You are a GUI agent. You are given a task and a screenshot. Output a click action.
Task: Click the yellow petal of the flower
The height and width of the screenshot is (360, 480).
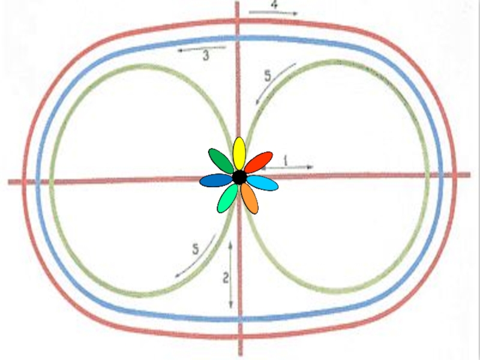coord(239,153)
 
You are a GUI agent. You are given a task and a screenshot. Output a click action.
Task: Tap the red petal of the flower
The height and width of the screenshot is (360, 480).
coord(259,162)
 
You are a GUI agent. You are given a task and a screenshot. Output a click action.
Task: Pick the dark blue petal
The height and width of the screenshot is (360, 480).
coord(215,180)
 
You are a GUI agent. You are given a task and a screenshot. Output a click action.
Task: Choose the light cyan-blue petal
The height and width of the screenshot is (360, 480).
coord(262,182)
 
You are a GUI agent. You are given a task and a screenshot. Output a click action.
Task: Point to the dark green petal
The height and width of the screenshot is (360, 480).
coord(220,161)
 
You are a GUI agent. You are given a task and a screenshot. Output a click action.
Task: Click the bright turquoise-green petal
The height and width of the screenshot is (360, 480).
coord(227,198)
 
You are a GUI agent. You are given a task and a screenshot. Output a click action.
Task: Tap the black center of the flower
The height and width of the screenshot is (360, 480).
coord(239,178)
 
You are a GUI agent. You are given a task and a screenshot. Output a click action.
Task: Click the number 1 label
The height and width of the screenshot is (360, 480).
coord(286,160)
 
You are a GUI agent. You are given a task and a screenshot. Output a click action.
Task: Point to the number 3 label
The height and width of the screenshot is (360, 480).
coord(206,57)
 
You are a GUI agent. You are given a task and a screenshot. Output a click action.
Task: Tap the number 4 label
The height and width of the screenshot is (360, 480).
coord(274,4)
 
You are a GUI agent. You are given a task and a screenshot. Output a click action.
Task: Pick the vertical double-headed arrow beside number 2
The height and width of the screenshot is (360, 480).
coord(231,274)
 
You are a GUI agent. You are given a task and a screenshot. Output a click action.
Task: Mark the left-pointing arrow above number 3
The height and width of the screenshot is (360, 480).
coord(201,50)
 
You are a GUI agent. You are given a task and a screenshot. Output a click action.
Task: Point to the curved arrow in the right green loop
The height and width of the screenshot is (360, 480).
coord(275,83)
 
